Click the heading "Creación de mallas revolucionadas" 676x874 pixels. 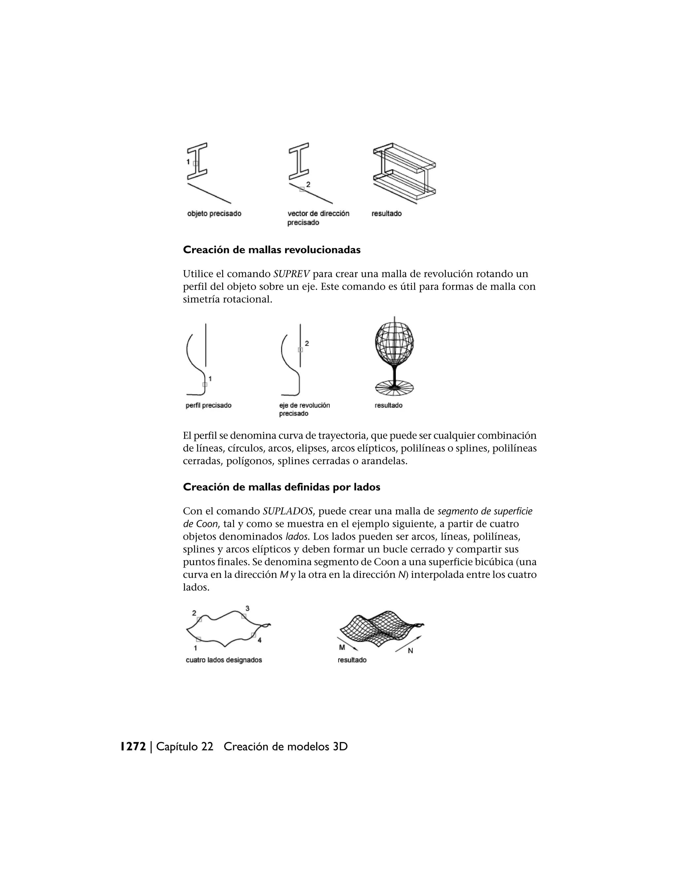[x=272, y=250]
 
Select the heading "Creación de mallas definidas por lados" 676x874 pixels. [x=282, y=487]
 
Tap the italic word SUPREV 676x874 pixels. [x=291, y=274]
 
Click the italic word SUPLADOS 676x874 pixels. [x=287, y=512]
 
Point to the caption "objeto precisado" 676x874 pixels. [x=214, y=214]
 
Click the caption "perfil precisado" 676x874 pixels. [x=209, y=405]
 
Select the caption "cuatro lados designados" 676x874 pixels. [x=224, y=660]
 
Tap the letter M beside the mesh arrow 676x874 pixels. [x=342, y=647]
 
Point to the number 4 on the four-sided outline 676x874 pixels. [x=259, y=640]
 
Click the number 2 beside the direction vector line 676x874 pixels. [x=308, y=184]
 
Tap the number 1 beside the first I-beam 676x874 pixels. [x=188, y=162]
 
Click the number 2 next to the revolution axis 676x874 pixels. [x=307, y=343]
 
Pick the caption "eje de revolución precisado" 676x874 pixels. [x=304, y=409]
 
